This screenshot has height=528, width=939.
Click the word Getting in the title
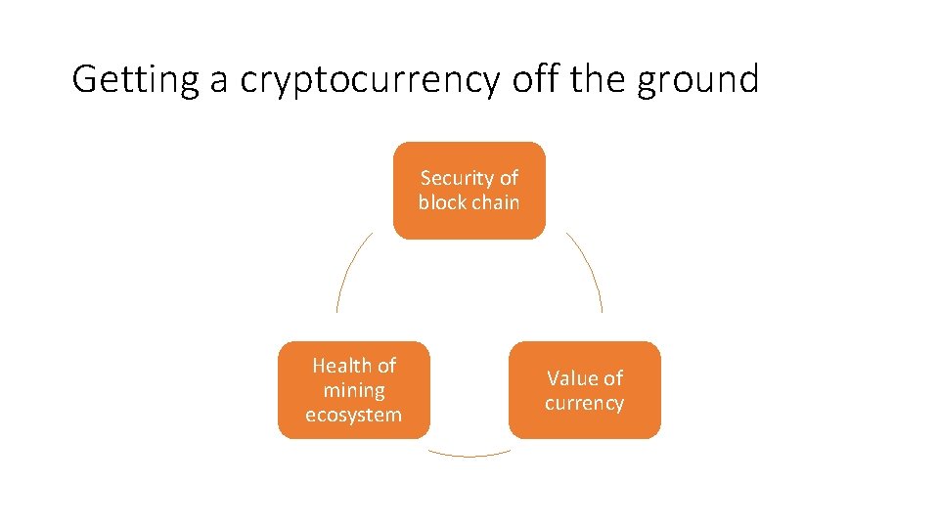[x=136, y=79]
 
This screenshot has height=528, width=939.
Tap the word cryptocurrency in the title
[x=371, y=79]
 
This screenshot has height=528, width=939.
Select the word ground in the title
[x=697, y=79]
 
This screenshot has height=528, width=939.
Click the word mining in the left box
[x=353, y=390]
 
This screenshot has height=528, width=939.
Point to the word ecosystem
[x=353, y=415]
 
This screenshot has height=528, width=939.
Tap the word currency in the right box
[x=584, y=403]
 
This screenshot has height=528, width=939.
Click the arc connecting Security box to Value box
[x=591, y=268]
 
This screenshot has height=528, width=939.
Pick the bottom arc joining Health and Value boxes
[x=469, y=455]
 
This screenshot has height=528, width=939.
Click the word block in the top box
[x=442, y=202]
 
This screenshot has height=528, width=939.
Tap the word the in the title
[x=599, y=79]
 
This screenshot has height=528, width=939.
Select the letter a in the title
[x=217, y=81]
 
